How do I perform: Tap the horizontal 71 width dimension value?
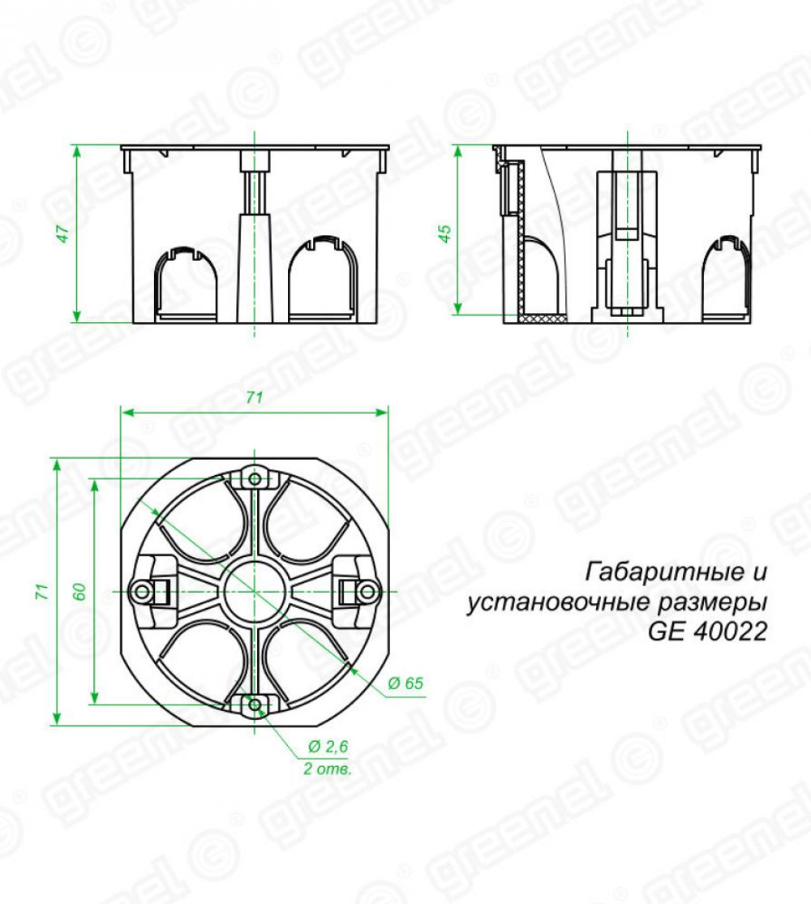(x=255, y=398)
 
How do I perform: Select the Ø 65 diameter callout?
(x=405, y=683)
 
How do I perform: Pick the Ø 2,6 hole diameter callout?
(x=328, y=747)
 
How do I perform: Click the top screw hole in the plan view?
(x=255, y=478)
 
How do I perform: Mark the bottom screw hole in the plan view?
(x=255, y=705)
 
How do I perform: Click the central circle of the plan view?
(x=255, y=591)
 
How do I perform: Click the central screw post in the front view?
(x=255, y=235)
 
